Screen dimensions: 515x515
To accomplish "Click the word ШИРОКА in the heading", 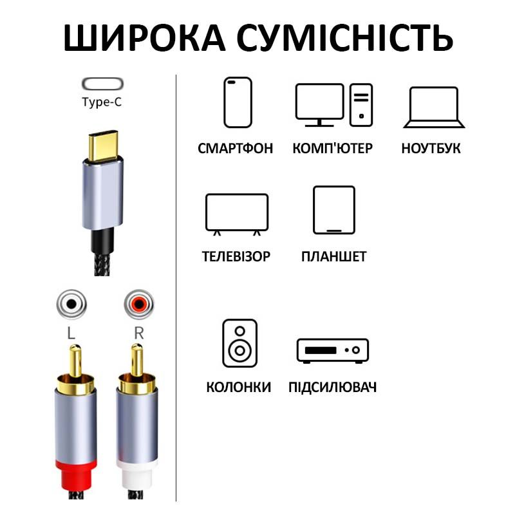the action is pos(144,38).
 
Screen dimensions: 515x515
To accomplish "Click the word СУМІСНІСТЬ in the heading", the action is pos(345,38).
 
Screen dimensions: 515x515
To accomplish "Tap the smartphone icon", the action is pos(238,102).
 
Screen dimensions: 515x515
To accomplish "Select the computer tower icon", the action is pos(361,105).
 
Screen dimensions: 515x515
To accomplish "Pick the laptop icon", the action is pos(434,107).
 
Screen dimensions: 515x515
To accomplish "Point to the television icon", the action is pos(237,214).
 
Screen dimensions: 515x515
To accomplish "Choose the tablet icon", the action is pos(334,210).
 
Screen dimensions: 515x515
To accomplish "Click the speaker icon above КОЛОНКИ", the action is pos(239,343).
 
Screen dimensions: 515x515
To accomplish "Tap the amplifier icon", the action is pos(332,350).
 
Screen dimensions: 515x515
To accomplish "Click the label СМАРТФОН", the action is pos(235,149).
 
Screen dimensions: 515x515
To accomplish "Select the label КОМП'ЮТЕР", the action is pos(332,148).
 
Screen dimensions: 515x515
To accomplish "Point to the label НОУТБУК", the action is pos(431,149).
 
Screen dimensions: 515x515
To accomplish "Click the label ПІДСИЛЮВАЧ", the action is pos(332,388).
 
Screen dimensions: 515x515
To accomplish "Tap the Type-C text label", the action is pos(102,102).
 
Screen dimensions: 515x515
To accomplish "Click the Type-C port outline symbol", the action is pos(102,84).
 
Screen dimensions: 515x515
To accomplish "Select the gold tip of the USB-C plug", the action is pos(103,146).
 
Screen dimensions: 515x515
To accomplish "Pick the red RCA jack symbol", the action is pos(138,304).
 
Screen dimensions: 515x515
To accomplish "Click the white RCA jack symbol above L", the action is pos(71,304).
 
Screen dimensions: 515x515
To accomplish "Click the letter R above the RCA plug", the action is pos(139,333).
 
